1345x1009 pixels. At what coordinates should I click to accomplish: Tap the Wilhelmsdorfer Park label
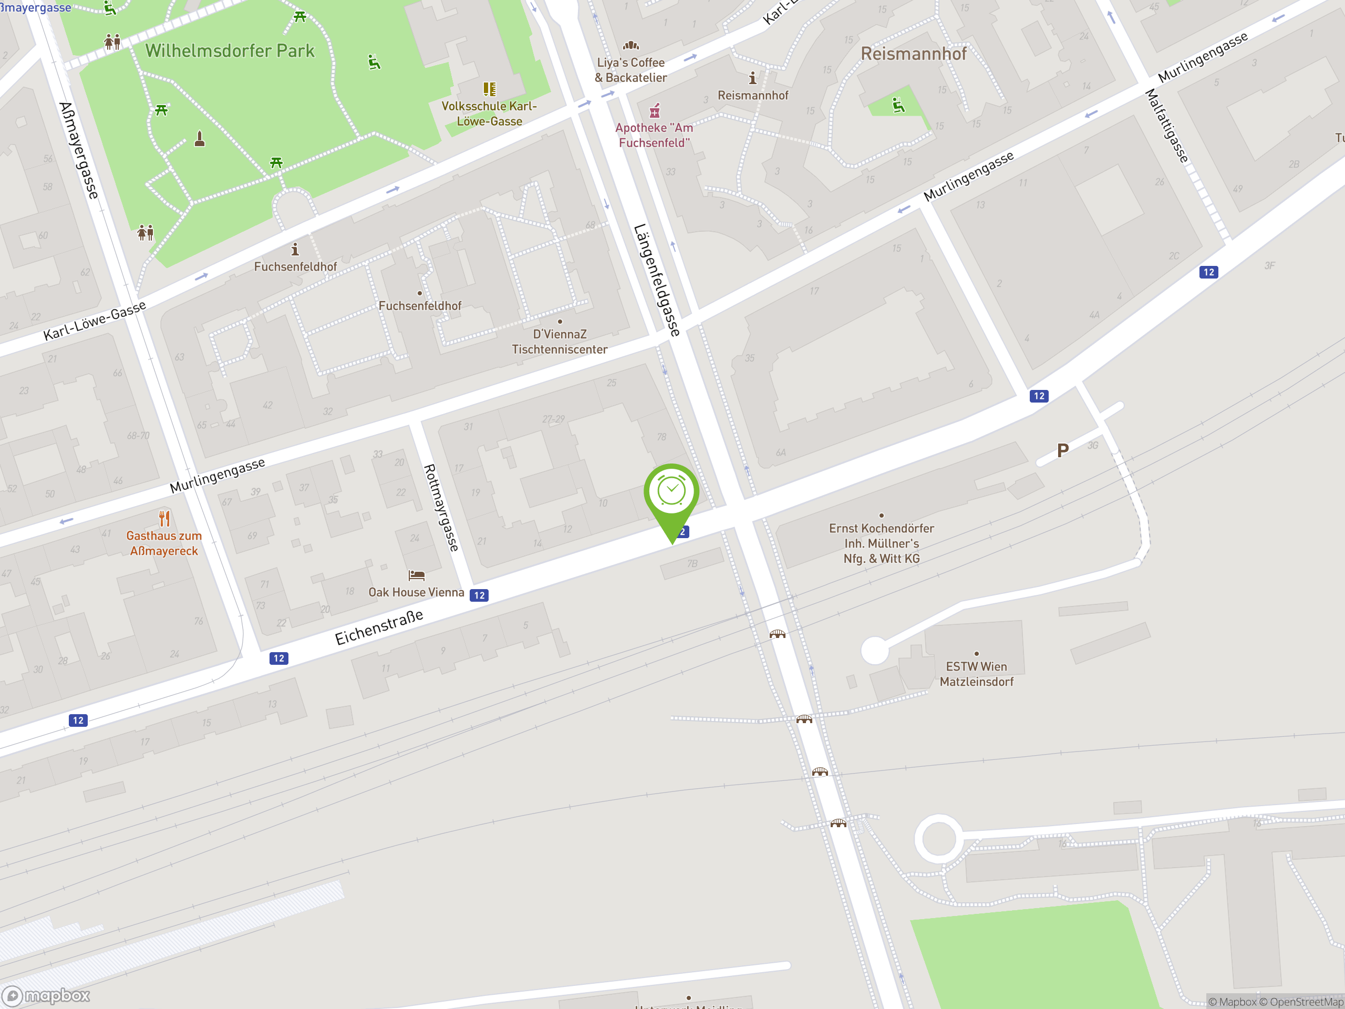[x=230, y=51]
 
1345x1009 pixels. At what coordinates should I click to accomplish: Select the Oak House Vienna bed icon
[x=417, y=575]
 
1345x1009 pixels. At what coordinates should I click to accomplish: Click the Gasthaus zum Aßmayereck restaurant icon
[x=164, y=518]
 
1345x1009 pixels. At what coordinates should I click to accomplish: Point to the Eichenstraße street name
[x=379, y=627]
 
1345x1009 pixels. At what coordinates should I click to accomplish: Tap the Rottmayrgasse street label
[x=441, y=508]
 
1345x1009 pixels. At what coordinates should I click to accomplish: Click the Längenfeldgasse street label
[x=657, y=280]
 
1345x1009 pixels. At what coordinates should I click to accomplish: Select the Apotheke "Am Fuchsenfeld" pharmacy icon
[x=655, y=111]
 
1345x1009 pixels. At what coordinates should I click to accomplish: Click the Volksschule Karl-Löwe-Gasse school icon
[x=490, y=89]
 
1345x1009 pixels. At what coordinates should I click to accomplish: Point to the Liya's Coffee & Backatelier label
[x=630, y=70]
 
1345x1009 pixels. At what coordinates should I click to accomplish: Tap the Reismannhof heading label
[x=913, y=54]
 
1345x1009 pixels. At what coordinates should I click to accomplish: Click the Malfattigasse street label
[x=1167, y=126]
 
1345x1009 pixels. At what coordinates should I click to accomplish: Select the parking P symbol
[x=1063, y=451]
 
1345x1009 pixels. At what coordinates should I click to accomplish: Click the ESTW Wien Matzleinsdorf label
[x=977, y=674]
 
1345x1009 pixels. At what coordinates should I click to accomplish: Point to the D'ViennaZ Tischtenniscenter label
[x=560, y=342]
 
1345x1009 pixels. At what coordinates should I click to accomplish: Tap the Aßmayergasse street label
[x=78, y=150]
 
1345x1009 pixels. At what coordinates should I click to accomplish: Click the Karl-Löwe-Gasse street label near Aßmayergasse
[x=95, y=321]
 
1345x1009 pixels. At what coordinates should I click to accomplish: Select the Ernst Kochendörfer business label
[x=881, y=543]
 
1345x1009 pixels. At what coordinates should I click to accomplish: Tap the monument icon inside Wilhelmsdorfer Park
[x=200, y=139]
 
